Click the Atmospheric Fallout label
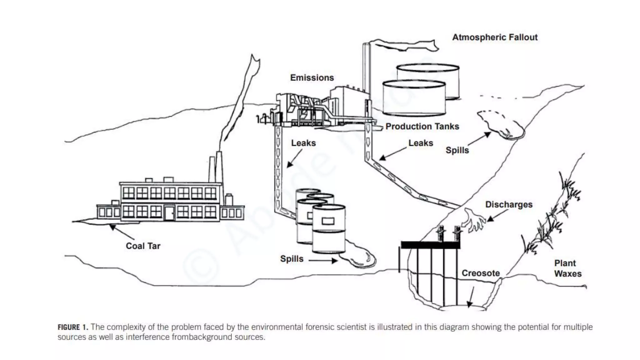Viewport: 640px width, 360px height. (495, 37)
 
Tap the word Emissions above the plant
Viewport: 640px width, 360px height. (312, 78)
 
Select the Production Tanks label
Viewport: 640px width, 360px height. (422, 127)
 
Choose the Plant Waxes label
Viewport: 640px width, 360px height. (567, 268)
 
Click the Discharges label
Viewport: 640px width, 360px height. (509, 205)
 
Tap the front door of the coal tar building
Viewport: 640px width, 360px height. (169, 213)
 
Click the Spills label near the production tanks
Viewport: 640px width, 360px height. (457, 150)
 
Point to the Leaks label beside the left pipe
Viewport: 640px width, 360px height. (303, 143)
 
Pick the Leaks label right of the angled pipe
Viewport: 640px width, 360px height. (421, 143)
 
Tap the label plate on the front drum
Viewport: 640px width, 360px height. (328, 221)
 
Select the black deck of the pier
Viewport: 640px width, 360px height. (430, 245)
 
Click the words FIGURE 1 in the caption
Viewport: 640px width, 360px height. (72, 327)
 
